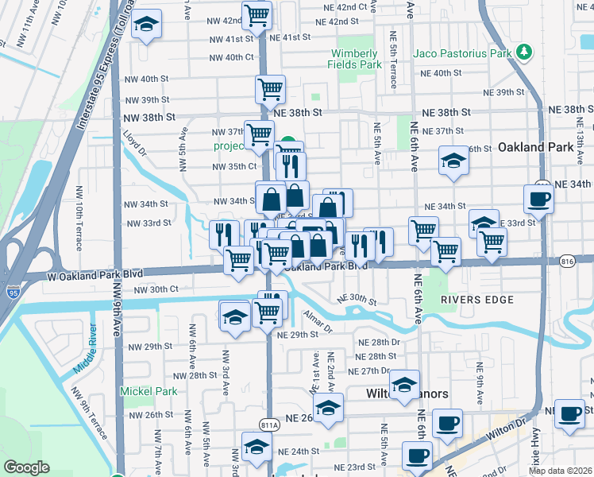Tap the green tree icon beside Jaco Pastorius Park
pyautogui.click(x=523, y=53)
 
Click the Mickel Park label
pyautogui.click(x=148, y=391)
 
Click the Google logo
pyautogui.click(x=26, y=467)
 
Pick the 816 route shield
pyautogui.click(x=567, y=261)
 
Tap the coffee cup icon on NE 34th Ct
pyautogui.click(x=538, y=199)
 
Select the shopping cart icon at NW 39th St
pyautogui.click(x=270, y=90)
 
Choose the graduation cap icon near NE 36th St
pyautogui.click(x=453, y=161)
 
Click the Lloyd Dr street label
pyautogui.click(x=137, y=144)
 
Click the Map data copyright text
pyautogui.click(x=561, y=471)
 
